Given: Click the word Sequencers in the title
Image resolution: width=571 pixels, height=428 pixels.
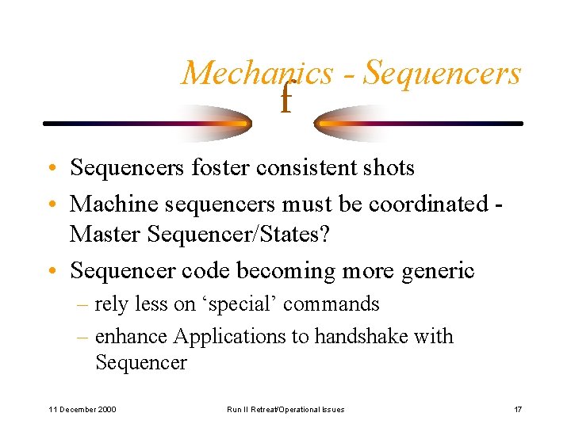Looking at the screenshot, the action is click(443, 73).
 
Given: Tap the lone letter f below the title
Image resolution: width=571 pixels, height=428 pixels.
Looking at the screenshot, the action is click(285, 101).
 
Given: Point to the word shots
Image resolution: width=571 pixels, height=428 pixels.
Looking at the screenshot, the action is click(386, 168).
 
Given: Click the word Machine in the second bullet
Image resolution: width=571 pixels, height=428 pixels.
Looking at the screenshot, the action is click(113, 204).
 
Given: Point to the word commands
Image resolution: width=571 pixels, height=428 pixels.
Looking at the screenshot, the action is click(331, 304).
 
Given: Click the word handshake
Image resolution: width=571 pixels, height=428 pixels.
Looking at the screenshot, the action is click(362, 336).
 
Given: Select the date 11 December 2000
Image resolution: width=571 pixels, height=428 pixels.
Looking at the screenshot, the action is click(82, 409).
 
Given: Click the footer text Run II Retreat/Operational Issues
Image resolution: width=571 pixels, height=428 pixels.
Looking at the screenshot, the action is click(285, 409).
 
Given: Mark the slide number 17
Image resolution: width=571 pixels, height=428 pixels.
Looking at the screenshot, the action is click(517, 409).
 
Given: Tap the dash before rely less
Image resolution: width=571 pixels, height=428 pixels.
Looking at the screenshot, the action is click(83, 304).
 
